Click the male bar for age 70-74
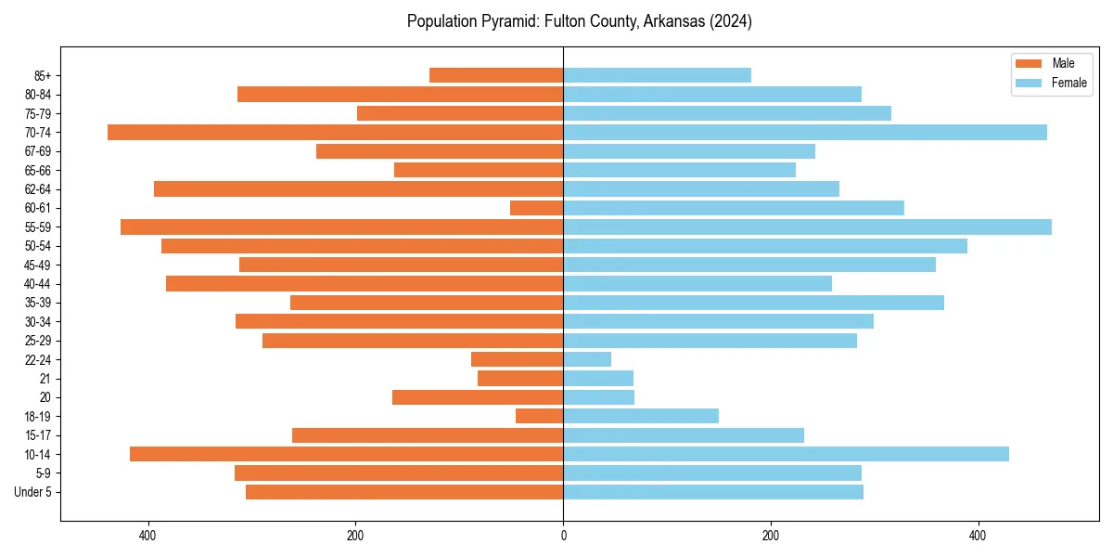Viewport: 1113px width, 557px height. pyautogui.click(x=335, y=133)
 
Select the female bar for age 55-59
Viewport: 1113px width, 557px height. pyautogui.click(x=807, y=227)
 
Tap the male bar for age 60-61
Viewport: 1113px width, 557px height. pyautogui.click(x=537, y=208)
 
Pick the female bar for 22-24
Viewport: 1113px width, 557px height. pyautogui.click(x=587, y=359)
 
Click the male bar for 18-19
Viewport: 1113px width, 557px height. pyautogui.click(x=540, y=416)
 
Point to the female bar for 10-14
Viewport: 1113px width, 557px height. pyautogui.click(x=786, y=454)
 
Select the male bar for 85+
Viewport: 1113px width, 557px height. pyautogui.click(x=496, y=75)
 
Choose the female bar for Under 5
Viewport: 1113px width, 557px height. pyautogui.click(x=713, y=492)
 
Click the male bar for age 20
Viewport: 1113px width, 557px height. pyautogui.click(x=478, y=397)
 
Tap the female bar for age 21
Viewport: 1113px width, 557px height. pyautogui.click(x=598, y=379)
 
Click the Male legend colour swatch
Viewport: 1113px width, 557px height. pyautogui.click(x=1030, y=63)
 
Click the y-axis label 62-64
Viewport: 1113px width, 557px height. pyautogui.click(x=38, y=189)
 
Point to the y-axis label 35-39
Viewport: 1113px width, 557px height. pyautogui.click(x=38, y=303)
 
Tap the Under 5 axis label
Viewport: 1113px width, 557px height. pyautogui.click(x=33, y=492)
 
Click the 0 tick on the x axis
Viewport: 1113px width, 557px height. pyautogui.click(x=563, y=537)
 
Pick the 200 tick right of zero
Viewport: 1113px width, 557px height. pyautogui.click(x=770, y=537)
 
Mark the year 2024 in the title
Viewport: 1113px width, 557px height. pyautogui.click(x=732, y=21)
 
